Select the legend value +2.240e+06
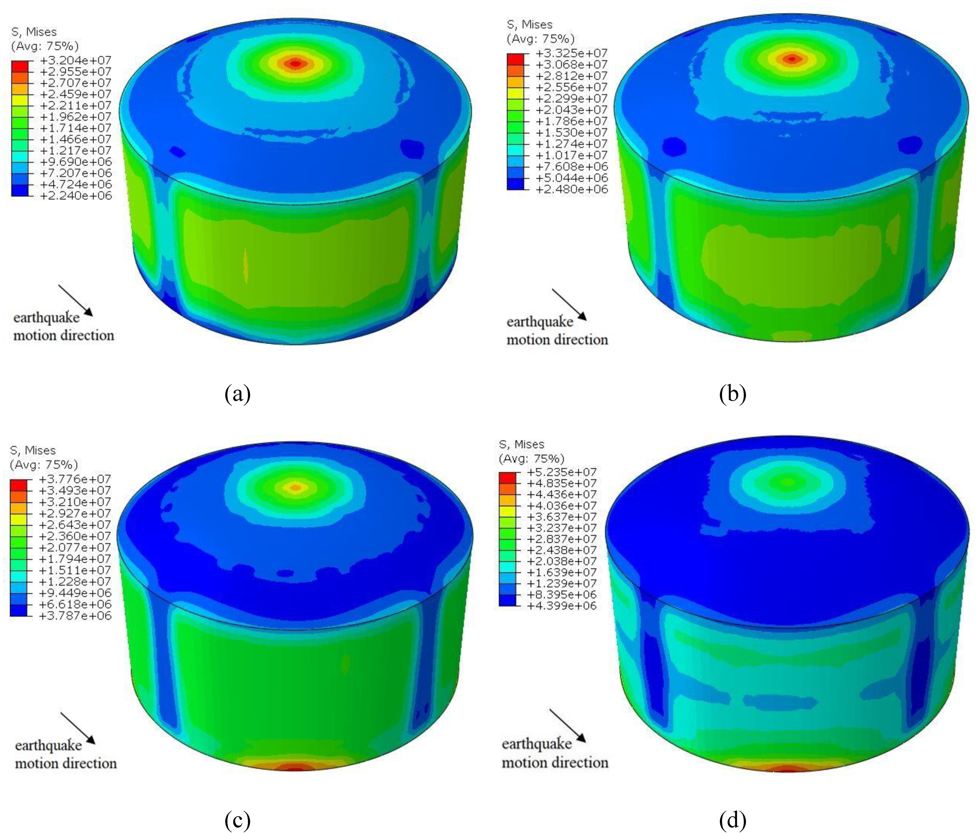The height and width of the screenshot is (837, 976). (x=76, y=195)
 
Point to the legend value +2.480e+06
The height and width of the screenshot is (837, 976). (x=571, y=189)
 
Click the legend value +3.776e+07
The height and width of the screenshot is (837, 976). (x=75, y=479)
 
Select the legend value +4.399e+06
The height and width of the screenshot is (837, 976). (x=561, y=606)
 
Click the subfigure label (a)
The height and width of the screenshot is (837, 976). (x=238, y=393)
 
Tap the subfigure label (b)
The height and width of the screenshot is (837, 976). (x=732, y=393)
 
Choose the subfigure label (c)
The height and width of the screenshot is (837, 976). (x=238, y=820)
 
